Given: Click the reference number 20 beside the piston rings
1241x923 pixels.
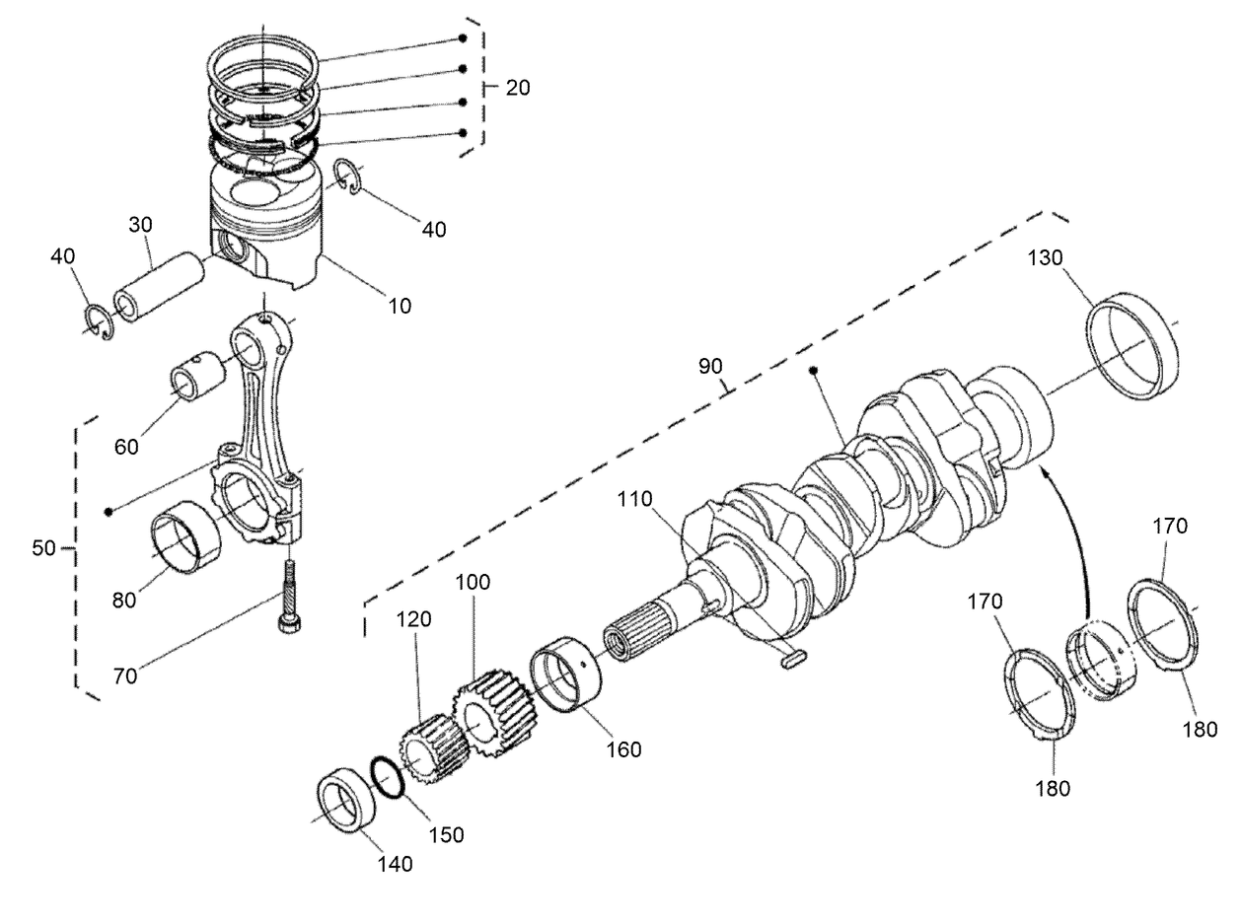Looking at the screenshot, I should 518,88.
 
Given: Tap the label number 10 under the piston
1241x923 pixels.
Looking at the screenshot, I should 400,306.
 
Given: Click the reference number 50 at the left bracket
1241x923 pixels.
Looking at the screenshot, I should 43,548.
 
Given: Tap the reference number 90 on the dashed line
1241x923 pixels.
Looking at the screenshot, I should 710,367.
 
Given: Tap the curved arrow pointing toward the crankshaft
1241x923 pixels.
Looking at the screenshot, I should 1070,532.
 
